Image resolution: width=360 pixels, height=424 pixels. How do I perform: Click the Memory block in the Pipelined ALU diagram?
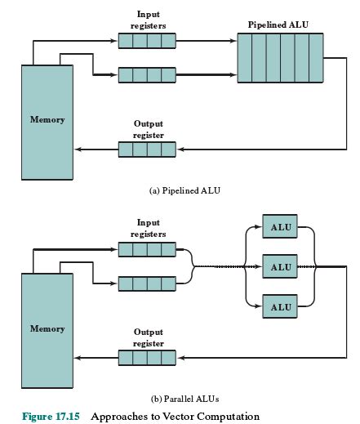coord(47,119)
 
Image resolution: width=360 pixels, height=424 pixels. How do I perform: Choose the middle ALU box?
coord(281,266)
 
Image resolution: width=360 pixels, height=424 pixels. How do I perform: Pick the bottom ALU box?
coord(281,307)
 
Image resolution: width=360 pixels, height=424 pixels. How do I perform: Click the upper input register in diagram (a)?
coord(147,39)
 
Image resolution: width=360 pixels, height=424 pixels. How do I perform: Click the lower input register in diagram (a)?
coord(147,75)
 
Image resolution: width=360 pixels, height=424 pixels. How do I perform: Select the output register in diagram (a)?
coord(147,150)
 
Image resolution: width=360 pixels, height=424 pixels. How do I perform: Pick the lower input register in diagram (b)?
coord(147,283)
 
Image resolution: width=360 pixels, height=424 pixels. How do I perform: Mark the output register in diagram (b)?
coord(147,357)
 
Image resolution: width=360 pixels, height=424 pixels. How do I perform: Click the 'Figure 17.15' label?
coord(51,416)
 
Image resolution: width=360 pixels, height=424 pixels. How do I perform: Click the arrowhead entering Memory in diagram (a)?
coord(78,150)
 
